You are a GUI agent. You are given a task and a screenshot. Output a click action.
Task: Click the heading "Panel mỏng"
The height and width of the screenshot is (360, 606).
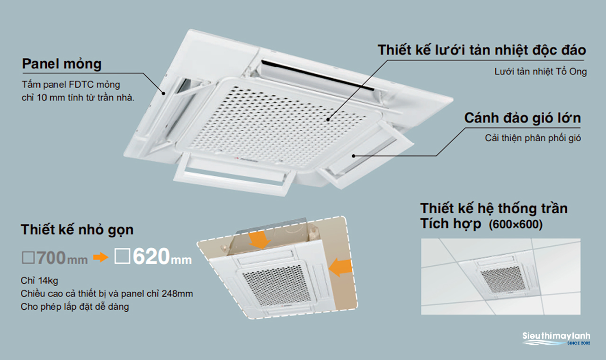coord(62,64)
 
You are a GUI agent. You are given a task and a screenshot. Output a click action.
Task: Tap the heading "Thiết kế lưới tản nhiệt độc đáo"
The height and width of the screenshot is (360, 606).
coord(482,50)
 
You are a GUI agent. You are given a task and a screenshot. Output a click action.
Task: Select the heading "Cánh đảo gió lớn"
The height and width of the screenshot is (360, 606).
coord(523,118)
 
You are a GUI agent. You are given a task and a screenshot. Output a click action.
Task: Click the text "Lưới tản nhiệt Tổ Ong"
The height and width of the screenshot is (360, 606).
coord(541,72)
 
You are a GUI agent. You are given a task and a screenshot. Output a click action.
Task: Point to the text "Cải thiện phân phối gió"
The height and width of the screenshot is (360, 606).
coord(533,138)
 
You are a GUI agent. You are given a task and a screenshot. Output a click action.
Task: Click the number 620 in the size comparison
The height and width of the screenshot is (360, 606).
coord(151,256)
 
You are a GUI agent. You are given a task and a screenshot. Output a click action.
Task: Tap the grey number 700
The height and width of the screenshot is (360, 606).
coord(51,258)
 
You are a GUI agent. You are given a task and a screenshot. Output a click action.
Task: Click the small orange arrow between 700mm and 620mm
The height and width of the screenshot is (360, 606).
coord(101,257)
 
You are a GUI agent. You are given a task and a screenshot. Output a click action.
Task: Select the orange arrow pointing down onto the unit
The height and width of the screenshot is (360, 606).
coord(259,240)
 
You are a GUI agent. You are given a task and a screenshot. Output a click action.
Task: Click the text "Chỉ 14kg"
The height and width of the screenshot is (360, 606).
coord(39,281)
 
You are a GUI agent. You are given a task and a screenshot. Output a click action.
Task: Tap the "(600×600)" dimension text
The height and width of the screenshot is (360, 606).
coord(516,225)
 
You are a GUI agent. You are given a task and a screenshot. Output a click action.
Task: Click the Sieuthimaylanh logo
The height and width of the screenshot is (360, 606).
coord(556,339)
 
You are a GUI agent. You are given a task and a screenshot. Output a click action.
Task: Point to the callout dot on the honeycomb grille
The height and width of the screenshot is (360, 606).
coord(328,119)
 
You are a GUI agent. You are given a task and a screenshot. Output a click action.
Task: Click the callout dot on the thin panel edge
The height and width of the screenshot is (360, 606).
coord(163,94)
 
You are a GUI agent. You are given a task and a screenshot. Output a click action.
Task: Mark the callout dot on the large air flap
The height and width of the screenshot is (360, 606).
coord(353,156)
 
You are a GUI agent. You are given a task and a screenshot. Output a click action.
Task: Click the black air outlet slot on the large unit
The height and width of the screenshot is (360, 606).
coord(318,75)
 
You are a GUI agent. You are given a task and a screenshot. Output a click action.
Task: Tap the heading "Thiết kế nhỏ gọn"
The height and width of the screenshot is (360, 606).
coord(77,230)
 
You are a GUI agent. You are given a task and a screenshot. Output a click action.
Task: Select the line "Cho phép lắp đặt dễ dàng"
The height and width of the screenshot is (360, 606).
coord(75,306)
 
